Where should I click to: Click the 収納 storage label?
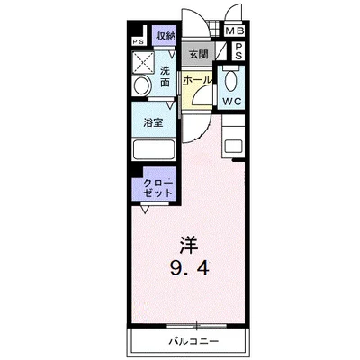click(165, 37)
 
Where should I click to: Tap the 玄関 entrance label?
click(197, 55)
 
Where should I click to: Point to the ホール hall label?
click(196, 80)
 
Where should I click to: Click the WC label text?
click(231, 101)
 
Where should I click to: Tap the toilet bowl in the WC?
click(231, 79)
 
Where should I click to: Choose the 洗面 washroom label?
click(165, 76)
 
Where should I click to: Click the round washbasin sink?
click(141, 85)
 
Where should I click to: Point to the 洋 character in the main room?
click(186, 244)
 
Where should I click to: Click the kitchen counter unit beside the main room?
click(232, 144)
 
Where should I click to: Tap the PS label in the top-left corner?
click(139, 41)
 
